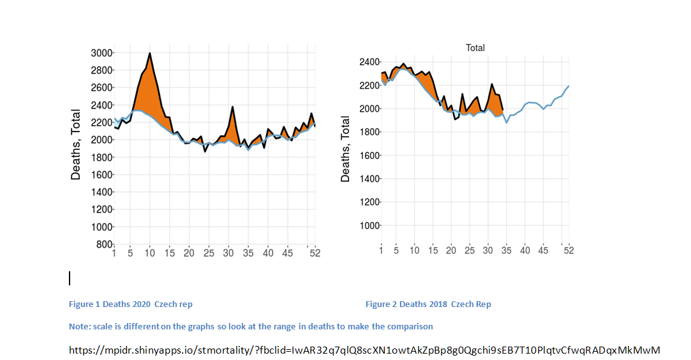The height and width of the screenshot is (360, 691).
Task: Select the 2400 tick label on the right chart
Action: point(370,62)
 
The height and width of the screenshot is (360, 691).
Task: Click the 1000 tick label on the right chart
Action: point(370,225)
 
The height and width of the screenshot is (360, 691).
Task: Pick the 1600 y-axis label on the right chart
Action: point(370,155)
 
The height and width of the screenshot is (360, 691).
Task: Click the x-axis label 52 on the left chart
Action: point(315,253)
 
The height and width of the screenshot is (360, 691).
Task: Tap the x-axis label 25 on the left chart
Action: point(209,253)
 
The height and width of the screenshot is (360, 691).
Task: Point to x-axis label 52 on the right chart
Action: point(568,250)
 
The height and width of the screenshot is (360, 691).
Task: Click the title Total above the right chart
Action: point(475,48)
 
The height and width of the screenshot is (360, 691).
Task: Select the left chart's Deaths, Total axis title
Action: point(76,143)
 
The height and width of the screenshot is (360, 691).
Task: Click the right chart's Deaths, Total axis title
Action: point(345,148)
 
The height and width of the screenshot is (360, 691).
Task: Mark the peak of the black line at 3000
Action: point(149,53)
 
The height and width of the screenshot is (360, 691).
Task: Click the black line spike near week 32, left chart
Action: point(232,107)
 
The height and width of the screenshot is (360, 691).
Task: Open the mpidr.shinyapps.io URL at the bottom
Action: point(364,350)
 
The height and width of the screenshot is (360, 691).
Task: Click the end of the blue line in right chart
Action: point(568,86)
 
